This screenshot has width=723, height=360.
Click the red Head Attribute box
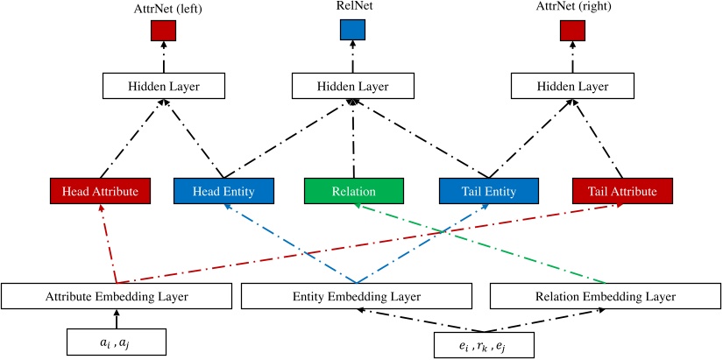click(100, 192)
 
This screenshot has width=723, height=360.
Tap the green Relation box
click(353, 192)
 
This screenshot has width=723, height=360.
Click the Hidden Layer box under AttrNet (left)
click(164, 86)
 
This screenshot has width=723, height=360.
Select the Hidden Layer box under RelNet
click(353, 86)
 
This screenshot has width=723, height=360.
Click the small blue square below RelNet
click(353, 30)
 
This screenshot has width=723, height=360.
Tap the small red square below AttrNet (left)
click(164, 30)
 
